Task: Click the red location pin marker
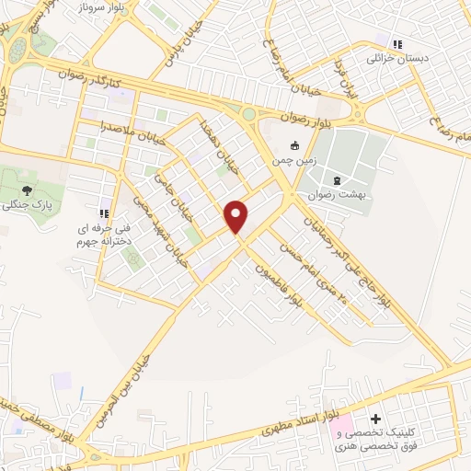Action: tap(236, 215)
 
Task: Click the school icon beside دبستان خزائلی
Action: tap(397, 43)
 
